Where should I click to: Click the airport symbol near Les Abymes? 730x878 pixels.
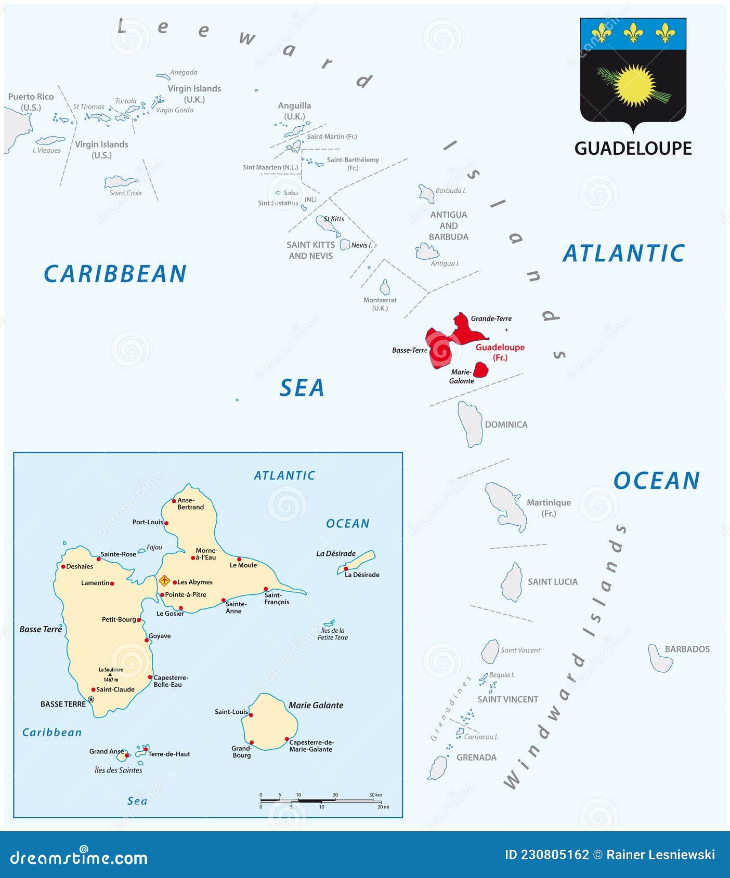pyautogui.click(x=164, y=581)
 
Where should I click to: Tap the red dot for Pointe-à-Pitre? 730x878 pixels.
pyautogui.click(x=162, y=595)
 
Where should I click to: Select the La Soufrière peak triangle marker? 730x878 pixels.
pyautogui.click(x=110, y=674)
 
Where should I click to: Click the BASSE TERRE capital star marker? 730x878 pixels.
pyautogui.click(x=91, y=699)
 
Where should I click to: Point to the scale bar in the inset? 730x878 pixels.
pyautogui.click(x=322, y=801)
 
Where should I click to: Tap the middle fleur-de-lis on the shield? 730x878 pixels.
pyautogui.click(x=633, y=33)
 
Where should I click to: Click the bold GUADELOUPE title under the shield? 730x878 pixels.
pyautogui.click(x=633, y=149)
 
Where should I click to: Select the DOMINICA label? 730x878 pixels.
pyautogui.click(x=506, y=424)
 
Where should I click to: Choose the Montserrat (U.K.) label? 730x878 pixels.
pyautogui.click(x=380, y=304)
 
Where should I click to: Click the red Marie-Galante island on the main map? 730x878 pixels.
pyautogui.click(x=480, y=370)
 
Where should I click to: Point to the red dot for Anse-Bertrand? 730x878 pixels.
pyautogui.click(x=174, y=501)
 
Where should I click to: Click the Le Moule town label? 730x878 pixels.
pyautogui.click(x=243, y=565)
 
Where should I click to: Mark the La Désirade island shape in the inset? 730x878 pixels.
pyautogui.click(x=358, y=562)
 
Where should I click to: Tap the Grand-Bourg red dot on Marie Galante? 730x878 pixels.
pyautogui.click(x=252, y=742)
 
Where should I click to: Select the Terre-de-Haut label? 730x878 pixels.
pyautogui.click(x=169, y=754)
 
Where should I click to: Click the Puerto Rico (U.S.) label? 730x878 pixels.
pyautogui.click(x=31, y=102)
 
